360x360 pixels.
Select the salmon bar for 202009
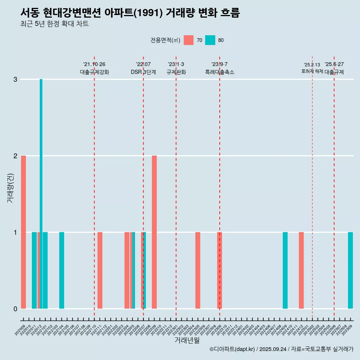pos(23,232)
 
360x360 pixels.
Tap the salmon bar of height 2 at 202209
pos(154,232)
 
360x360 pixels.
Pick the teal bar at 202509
pos(350,270)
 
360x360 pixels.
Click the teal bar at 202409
pos(285,270)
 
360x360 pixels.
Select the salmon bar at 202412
pos(301,270)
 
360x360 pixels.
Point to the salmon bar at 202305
pos(198,270)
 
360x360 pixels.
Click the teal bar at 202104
pos(61,270)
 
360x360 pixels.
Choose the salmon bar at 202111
pos(100,270)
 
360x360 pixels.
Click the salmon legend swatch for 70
pos(189,40)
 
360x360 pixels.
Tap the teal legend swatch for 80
pos(210,40)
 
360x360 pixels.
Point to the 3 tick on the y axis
pos(15,79)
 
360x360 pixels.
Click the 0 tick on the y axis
pos(15,309)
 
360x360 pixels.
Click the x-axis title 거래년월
pos(187,340)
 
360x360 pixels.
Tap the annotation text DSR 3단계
pos(143,72)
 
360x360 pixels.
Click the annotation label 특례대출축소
pos(219,72)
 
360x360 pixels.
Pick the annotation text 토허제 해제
pos(312,71)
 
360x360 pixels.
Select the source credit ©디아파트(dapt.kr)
pos(232,349)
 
